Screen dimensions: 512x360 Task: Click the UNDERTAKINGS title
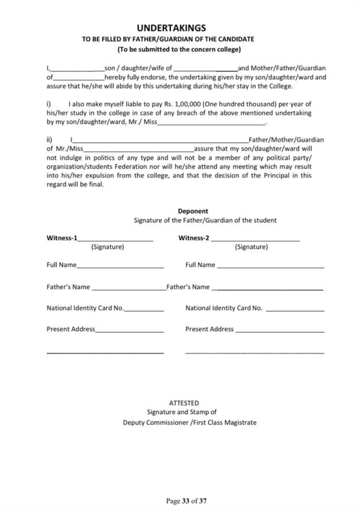click(171, 28)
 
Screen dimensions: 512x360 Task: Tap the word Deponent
click(193, 211)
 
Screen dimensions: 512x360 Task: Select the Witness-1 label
click(62, 238)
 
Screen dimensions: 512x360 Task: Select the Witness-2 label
click(194, 238)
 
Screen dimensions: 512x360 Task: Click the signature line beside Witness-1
click(116, 240)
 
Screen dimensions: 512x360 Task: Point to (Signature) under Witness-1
click(108, 247)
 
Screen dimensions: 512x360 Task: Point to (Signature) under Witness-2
click(251, 247)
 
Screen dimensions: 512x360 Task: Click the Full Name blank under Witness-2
click(271, 267)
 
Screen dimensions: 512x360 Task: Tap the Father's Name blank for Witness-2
click(267, 289)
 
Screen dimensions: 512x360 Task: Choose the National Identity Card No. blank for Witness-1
click(144, 310)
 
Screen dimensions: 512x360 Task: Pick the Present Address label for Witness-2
click(209, 329)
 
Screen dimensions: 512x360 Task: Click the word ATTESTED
click(184, 403)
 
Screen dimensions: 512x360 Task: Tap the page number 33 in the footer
click(186, 501)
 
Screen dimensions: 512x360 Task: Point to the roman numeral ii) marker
click(50, 140)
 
